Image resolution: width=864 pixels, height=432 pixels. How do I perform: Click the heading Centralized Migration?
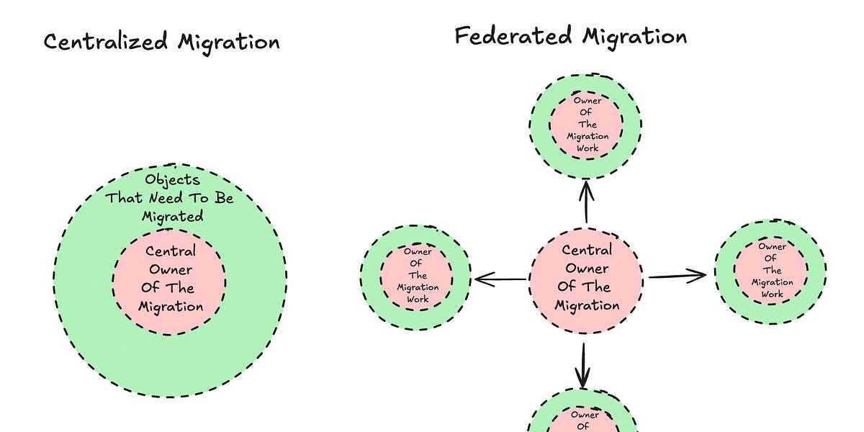161,41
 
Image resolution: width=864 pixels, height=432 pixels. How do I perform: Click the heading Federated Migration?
570,36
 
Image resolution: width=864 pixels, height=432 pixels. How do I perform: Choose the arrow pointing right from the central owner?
677,276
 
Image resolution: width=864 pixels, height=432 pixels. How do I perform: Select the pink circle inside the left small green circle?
418,276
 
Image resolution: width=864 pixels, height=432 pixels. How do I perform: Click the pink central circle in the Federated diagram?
585,277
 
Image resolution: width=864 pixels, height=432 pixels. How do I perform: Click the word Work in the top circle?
588,148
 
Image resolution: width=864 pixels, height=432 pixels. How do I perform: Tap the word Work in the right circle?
772,294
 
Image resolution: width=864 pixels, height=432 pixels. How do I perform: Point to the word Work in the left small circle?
418,300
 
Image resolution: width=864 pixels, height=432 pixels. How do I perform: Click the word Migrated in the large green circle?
172,216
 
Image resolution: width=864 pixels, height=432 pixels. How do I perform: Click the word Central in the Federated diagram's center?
587,250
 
